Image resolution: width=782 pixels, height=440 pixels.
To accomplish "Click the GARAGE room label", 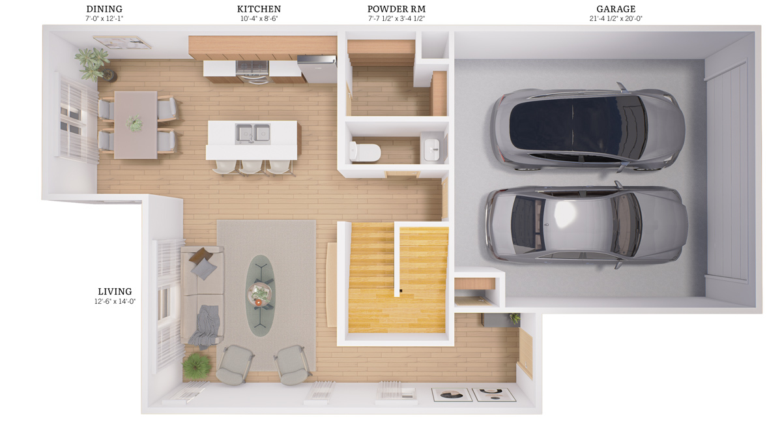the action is (x=616, y=9).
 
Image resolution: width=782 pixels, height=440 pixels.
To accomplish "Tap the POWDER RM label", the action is (x=396, y=9).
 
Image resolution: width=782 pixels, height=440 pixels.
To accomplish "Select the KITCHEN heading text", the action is (x=259, y=9).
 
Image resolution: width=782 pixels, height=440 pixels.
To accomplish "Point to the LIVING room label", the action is (x=115, y=291).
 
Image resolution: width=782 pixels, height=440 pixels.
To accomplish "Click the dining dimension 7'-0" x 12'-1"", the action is (x=104, y=18).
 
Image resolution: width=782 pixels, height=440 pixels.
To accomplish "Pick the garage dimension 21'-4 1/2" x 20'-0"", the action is (x=616, y=18).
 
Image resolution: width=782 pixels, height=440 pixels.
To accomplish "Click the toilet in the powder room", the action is (x=365, y=152).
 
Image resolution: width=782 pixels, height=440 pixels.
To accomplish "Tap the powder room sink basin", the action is (x=432, y=150).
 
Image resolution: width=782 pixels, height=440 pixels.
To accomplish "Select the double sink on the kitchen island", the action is (x=252, y=134).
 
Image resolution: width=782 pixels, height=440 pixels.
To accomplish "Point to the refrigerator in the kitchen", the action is (x=317, y=69).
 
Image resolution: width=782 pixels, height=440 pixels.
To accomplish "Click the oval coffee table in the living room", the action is (x=261, y=295).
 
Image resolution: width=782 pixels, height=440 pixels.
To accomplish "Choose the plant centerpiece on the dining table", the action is (x=134, y=123).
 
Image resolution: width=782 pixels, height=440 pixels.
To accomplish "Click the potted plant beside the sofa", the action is (x=197, y=366).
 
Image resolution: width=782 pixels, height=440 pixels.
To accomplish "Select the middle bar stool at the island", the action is (x=251, y=167).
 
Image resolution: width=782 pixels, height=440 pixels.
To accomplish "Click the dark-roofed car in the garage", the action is (x=587, y=128).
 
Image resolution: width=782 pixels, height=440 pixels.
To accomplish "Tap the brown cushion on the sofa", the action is (x=201, y=256).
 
